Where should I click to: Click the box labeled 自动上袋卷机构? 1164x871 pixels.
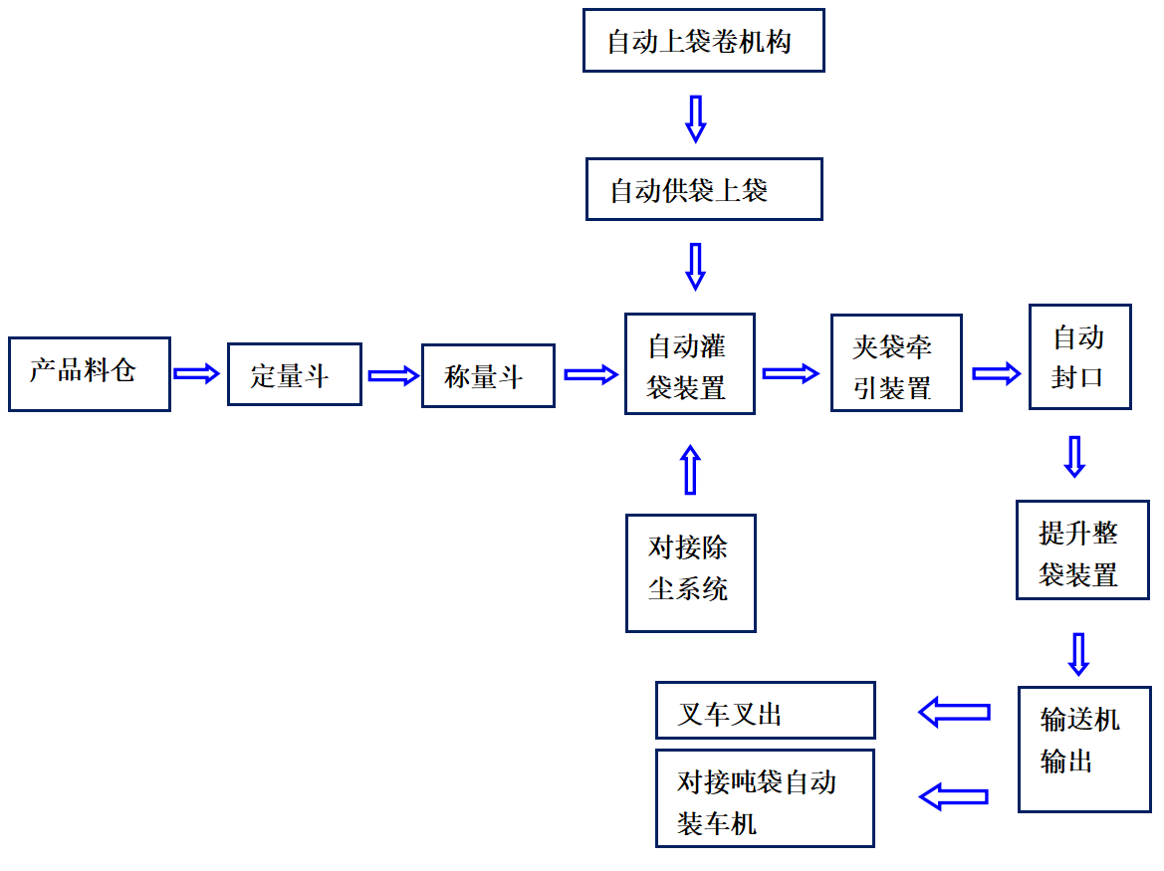point(703,41)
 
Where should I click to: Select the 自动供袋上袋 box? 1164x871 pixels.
point(703,189)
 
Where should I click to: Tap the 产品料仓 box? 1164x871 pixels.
point(89,373)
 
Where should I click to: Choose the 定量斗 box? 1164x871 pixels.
point(294,374)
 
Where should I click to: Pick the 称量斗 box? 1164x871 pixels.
point(488,375)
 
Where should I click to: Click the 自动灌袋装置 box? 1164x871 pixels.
point(689,364)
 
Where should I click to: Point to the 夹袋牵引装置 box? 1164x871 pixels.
point(896,363)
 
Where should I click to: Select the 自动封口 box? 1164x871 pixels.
point(1079,356)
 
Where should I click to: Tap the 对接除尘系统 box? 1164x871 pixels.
point(690,572)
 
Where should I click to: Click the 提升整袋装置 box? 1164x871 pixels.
point(1081,549)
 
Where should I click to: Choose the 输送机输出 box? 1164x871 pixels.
point(1083,749)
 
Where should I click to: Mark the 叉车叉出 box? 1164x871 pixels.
point(765,710)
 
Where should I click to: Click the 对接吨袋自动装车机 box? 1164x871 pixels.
point(765,798)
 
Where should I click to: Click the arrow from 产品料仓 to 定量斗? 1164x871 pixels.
point(196,373)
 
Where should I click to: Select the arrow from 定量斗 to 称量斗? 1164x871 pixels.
point(392,375)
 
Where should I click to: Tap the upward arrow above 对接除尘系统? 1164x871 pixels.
point(690,469)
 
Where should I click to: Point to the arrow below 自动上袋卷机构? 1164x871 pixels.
point(696,117)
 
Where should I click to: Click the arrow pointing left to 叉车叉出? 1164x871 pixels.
point(954,712)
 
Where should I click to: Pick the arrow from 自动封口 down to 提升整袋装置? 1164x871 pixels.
point(1074,456)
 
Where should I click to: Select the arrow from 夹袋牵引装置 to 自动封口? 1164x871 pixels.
point(996,373)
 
